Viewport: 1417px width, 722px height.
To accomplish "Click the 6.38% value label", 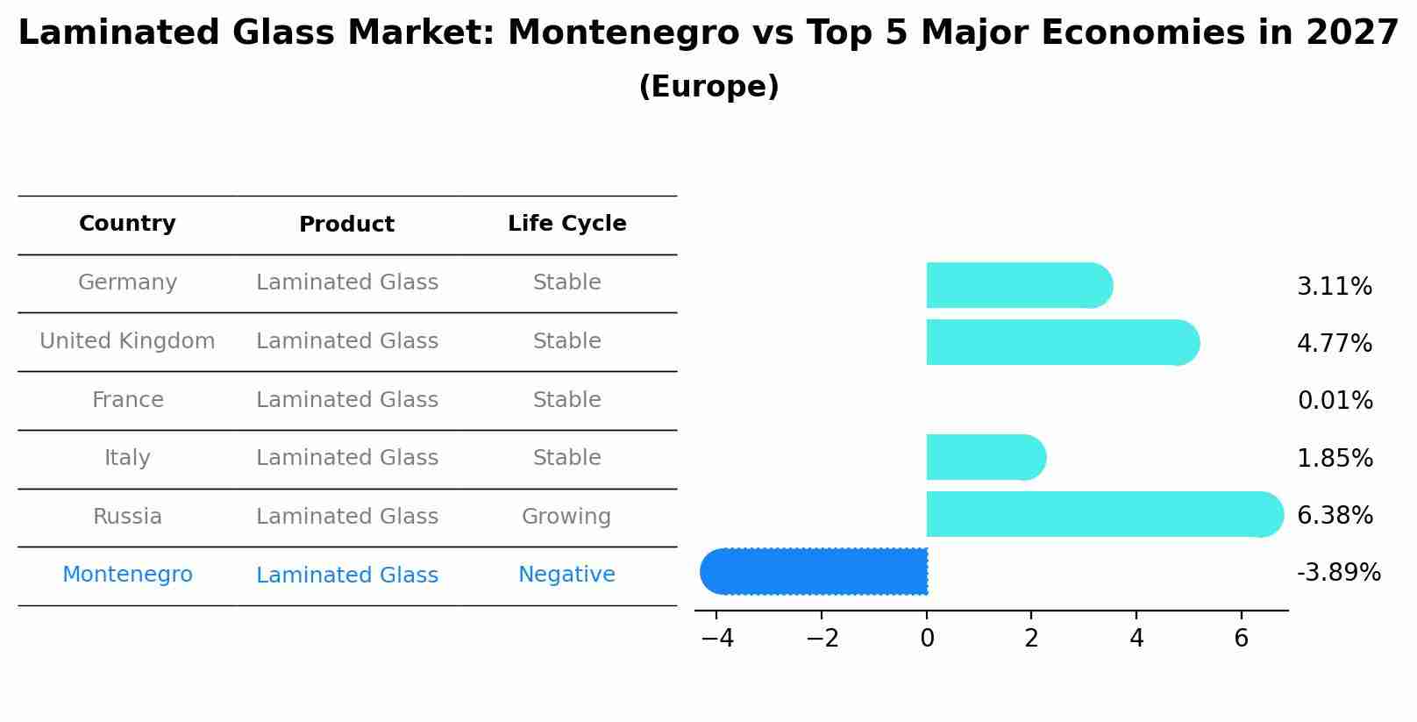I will click(1334, 515).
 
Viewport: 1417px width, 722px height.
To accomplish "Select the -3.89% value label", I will click(1338, 573).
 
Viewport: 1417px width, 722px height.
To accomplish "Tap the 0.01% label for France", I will click(1335, 401).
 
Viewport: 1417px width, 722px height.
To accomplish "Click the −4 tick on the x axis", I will click(717, 639).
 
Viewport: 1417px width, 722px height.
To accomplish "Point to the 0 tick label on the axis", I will click(927, 639).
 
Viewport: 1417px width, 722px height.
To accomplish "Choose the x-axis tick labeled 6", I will click(1241, 639).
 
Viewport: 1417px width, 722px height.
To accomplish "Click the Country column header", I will click(127, 224).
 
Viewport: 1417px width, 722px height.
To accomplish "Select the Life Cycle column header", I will click(566, 224).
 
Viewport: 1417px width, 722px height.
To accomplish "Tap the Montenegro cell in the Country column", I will click(127, 575).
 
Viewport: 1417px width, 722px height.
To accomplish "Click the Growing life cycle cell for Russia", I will click(566, 517).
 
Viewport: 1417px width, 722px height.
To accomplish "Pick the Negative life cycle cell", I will click(566, 575).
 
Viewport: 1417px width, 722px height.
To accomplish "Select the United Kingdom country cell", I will click(127, 341).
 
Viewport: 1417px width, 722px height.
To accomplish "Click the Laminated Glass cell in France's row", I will click(346, 400).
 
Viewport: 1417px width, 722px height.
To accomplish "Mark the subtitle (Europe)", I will click(708, 87).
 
